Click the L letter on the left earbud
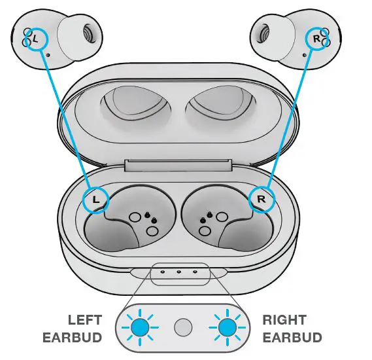click(x=35, y=39)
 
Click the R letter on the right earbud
click(x=317, y=39)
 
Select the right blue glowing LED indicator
click(x=228, y=327)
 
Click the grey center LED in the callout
click(x=184, y=327)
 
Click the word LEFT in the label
click(x=85, y=320)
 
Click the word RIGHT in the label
click(x=284, y=320)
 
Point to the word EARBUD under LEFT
click(x=73, y=338)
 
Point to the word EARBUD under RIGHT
click(x=292, y=338)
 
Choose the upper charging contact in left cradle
click(x=136, y=217)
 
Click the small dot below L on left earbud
click(x=49, y=55)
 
